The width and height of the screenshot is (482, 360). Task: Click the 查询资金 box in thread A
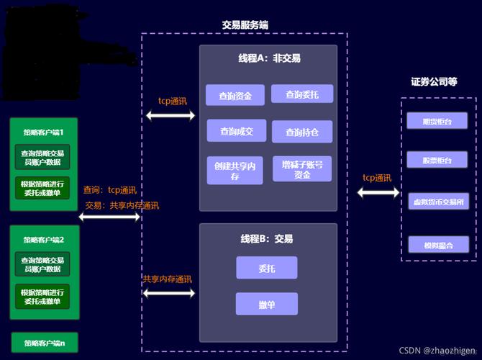pos(235,95)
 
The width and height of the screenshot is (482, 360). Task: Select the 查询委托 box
pos(302,94)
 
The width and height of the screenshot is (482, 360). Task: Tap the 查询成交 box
pos(237,131)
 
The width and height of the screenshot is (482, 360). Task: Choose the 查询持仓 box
pos(302,132)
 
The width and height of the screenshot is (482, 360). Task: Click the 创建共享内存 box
pos(235,170)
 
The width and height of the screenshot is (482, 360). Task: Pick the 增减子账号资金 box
pos(302,169)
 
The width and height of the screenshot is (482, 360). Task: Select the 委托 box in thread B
pos(266,269)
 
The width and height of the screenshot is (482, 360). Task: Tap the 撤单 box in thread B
pos(266,305)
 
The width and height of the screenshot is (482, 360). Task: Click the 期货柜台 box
pos(438,121)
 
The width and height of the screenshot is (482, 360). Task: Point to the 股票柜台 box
pos(438,160)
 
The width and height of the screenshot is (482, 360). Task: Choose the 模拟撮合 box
pos(438,245)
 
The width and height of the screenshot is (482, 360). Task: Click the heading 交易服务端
pos(245,24)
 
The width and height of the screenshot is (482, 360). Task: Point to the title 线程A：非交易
pos(269,59)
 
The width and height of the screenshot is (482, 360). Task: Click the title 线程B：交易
pos(266,238)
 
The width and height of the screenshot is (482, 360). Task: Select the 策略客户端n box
pos(44,343)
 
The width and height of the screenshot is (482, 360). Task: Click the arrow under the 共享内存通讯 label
pos(170,293)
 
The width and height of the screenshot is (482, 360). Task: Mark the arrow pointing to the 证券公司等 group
pos(378,192)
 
